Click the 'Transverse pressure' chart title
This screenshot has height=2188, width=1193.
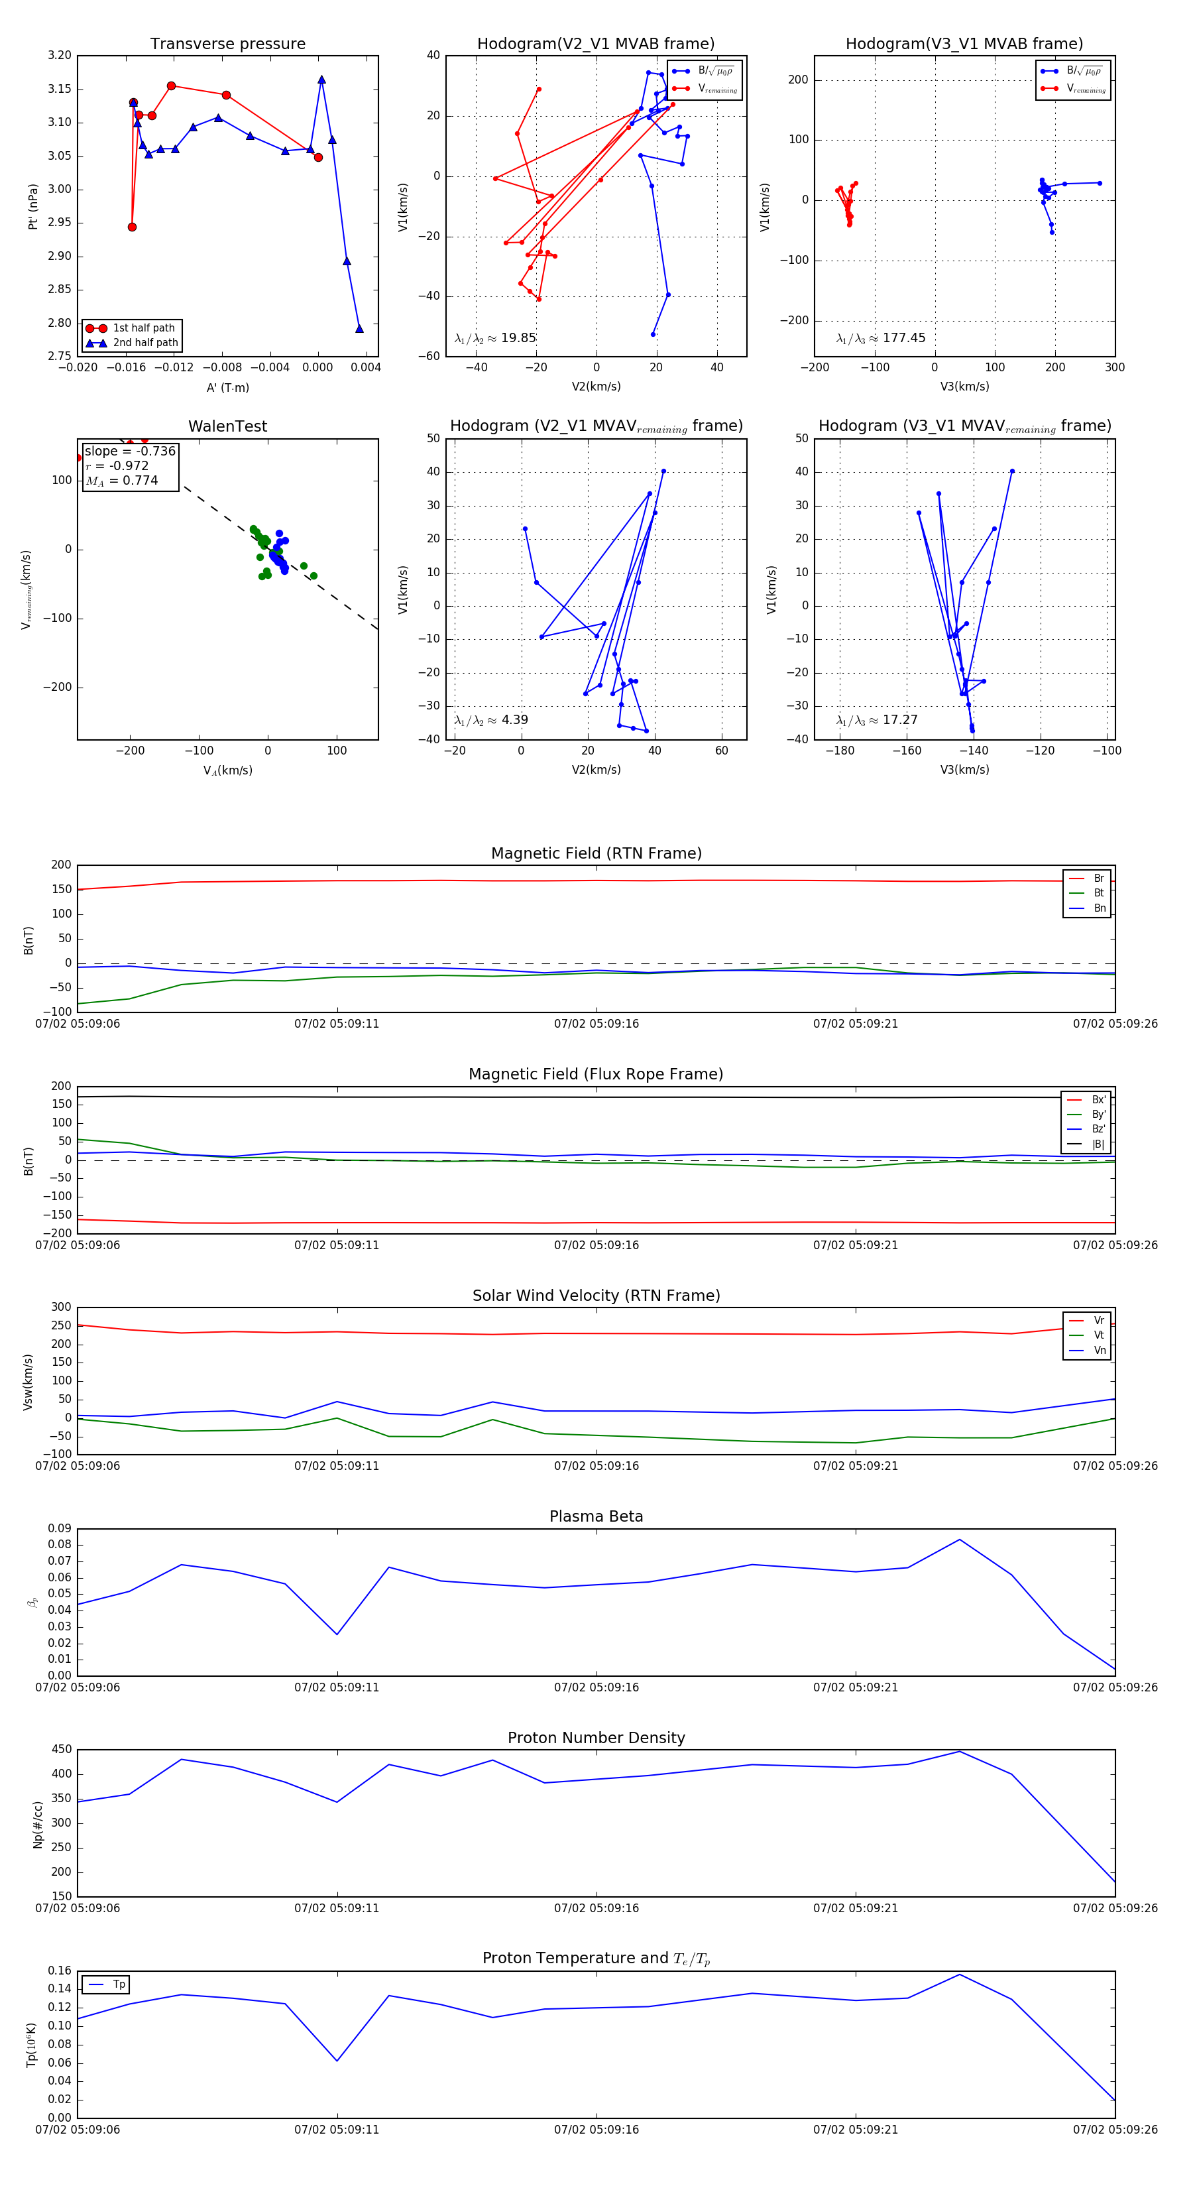point(227,44)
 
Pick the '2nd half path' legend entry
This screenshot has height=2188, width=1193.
point(145,343)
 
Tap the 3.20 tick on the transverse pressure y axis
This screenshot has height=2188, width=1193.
point(60,56)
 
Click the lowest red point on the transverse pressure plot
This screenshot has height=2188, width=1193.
point(132,227)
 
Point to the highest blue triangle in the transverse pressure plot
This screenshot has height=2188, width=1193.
point(321,80)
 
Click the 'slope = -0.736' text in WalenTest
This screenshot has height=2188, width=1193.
point(130,451)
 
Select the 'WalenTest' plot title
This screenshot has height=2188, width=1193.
point(227,426)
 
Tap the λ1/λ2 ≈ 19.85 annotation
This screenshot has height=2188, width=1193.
point(495,338)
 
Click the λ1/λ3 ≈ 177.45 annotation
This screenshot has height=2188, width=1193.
point(881,338)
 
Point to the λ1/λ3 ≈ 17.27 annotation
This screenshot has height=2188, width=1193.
point(876,720)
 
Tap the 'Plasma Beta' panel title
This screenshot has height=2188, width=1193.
point(596,1517)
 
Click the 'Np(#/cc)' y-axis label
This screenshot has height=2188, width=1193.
point(37,1825)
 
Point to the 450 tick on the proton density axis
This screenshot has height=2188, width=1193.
point(61,1750)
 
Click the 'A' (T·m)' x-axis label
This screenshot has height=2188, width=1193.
point(227,387)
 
